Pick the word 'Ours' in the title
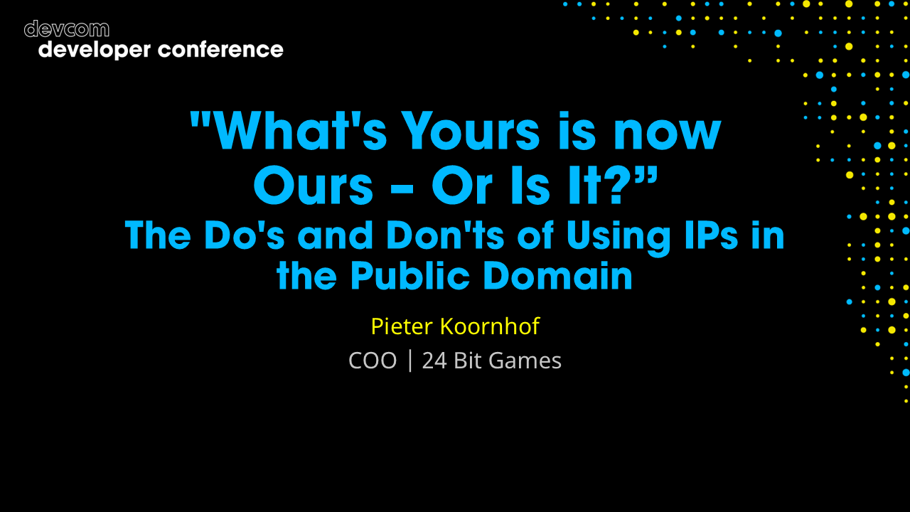314,186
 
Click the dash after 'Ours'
402,188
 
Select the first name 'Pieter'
402,326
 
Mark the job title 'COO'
373,361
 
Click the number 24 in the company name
434,361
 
